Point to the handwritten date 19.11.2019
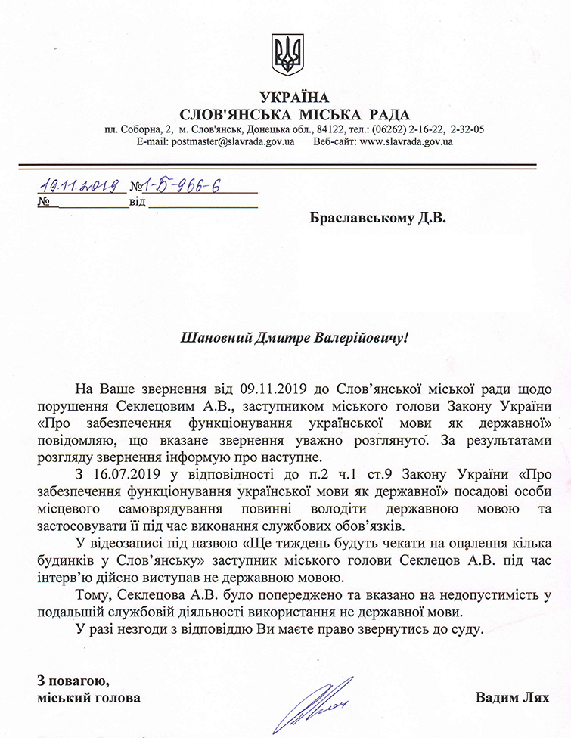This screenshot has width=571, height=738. (82, 184)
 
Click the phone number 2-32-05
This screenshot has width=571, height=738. (467, 129)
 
